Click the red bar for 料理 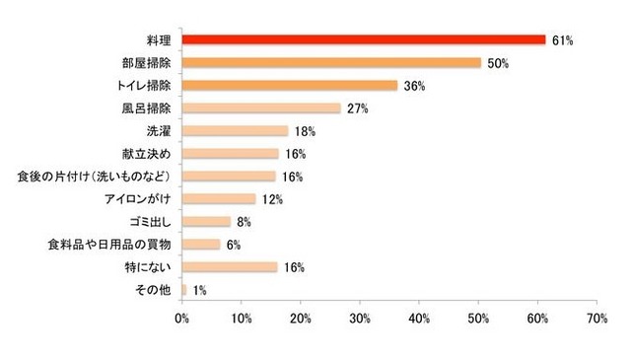coord(363,39)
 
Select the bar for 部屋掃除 coord(331,62)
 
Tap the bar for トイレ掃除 coord(289,86)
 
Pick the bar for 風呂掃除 coord(261,108)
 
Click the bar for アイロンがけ coord(218,199)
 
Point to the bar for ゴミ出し coord(206,222)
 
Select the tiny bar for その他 coord(184,290)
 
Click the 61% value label coord(563,40)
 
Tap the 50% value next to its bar coord(498,63)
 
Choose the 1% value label coord(200,290)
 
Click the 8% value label coord(244,222)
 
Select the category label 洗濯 coord(158,131)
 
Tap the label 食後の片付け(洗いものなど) coord(95,177)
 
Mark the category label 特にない coord(150,267)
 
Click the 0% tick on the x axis coord(182,319)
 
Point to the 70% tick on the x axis coord(596,319)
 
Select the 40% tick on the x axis coord(419,319)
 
